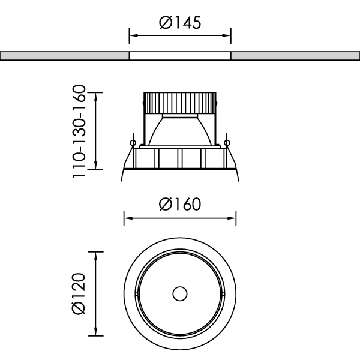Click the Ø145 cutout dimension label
pos(180,22)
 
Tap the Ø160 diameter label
pos(180,204)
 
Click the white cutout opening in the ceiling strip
pos(180,56)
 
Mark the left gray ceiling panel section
pos(65,56)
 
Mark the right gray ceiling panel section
pos(295,56)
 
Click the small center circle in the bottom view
pos(179,294)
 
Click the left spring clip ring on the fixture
pos(133,142)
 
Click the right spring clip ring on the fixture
pos(226,142)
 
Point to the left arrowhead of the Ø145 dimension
pos(133,36)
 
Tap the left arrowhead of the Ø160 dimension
pos(127,218)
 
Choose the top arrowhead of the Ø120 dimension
pos(96,255)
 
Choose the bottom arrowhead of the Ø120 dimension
pos(96,333)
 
